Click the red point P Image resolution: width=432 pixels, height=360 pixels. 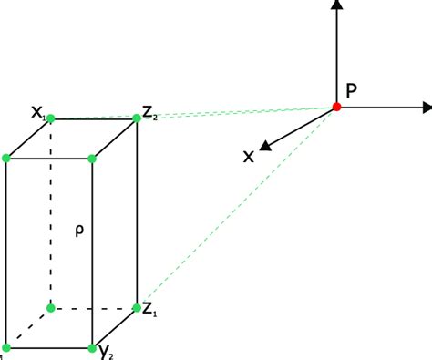click(336, 108)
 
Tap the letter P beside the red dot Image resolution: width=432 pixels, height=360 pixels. click(353, 90)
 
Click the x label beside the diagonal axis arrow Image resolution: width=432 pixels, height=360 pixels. click(248, 157)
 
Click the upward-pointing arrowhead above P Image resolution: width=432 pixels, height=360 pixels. click(337, 5)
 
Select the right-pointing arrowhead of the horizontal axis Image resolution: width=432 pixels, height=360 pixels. click(426, 108)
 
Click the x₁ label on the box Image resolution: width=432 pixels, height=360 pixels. click(37, 113)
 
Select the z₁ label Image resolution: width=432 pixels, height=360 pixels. click(150, 308)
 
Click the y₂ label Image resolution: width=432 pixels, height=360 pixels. click(107, 352)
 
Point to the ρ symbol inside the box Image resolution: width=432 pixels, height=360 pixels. click(79, 231)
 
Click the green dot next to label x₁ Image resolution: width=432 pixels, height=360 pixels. click(50, 118)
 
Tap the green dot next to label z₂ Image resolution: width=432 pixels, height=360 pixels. click(137, 117)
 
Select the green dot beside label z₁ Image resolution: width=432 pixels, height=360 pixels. click(137, 307)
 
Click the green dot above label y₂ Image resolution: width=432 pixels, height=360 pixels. click(93, 347)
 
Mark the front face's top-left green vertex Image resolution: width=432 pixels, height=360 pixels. click(6, 159)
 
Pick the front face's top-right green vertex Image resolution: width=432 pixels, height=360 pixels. click(93, 159)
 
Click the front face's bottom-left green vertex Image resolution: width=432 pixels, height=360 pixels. click(6, 347)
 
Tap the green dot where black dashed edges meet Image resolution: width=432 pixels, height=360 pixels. click(50, 307)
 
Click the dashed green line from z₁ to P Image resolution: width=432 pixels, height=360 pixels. click(237, 207)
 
